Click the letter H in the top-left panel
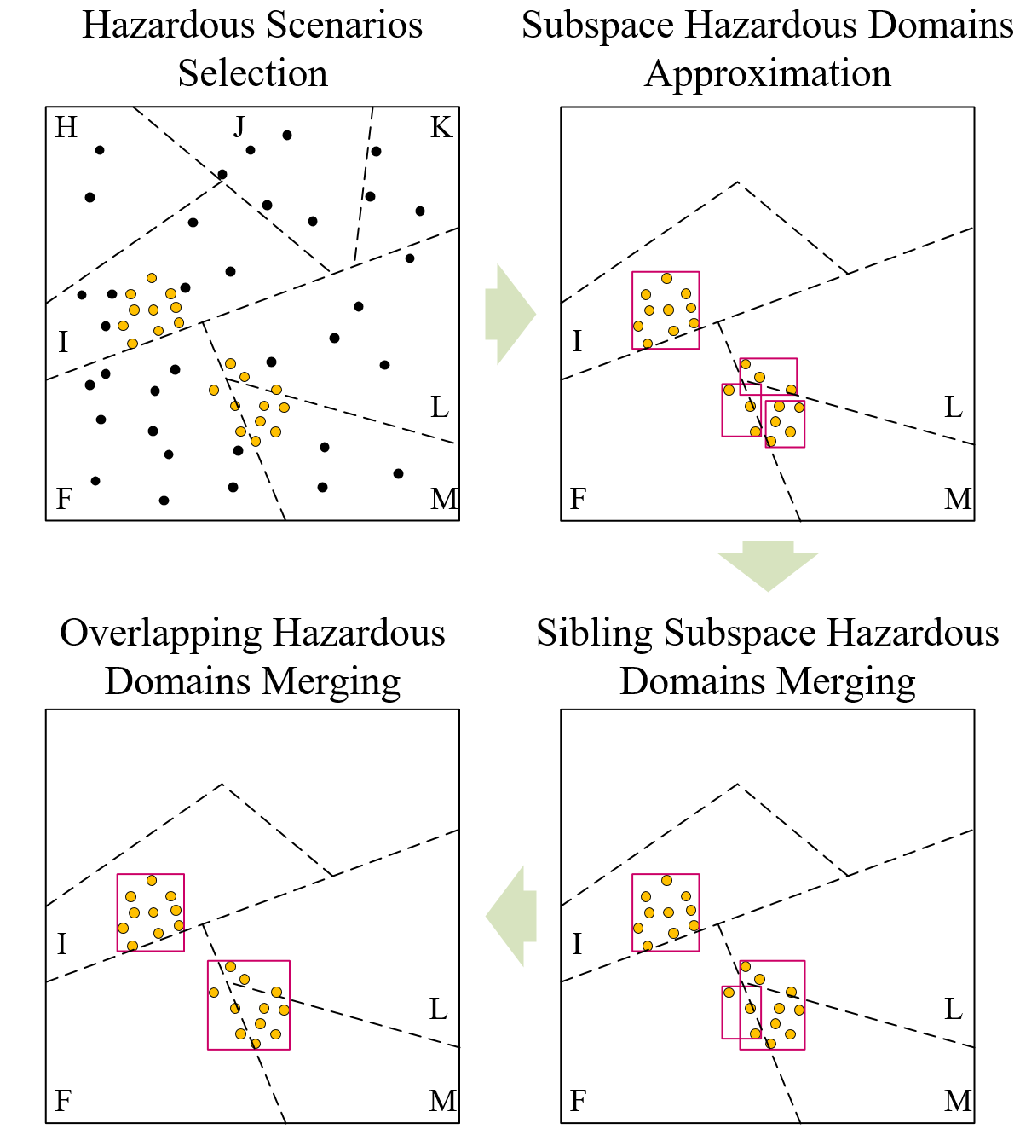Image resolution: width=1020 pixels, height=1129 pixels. tap(66, 128)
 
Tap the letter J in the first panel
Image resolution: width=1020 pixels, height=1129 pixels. tap(239, 128)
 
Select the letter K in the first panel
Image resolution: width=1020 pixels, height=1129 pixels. tap(441, 128)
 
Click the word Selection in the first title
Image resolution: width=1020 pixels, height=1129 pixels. tap(252, 73)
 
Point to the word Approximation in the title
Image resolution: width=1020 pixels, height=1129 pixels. tap(768, 73)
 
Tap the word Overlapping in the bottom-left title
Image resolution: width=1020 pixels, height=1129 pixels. tap(160, 633)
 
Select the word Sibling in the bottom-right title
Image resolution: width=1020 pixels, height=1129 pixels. tap(595, 633)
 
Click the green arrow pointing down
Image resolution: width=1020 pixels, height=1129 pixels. tap(768, 565)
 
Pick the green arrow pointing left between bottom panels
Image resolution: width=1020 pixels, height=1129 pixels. tap(511, 917)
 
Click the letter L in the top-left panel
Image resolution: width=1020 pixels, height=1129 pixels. tap(439, 408)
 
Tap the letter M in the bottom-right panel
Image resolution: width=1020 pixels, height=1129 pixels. tap(958, 1101)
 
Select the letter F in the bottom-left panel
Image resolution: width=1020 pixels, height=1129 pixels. tap(63, 1101)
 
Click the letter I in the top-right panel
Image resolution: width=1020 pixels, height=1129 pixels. tap(577, 341)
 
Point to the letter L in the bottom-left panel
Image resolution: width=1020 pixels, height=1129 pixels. tap(438, 1010)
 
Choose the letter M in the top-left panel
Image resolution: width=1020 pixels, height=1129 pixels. tap(443, 499)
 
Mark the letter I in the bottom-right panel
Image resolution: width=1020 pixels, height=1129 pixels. tap(577, 944)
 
